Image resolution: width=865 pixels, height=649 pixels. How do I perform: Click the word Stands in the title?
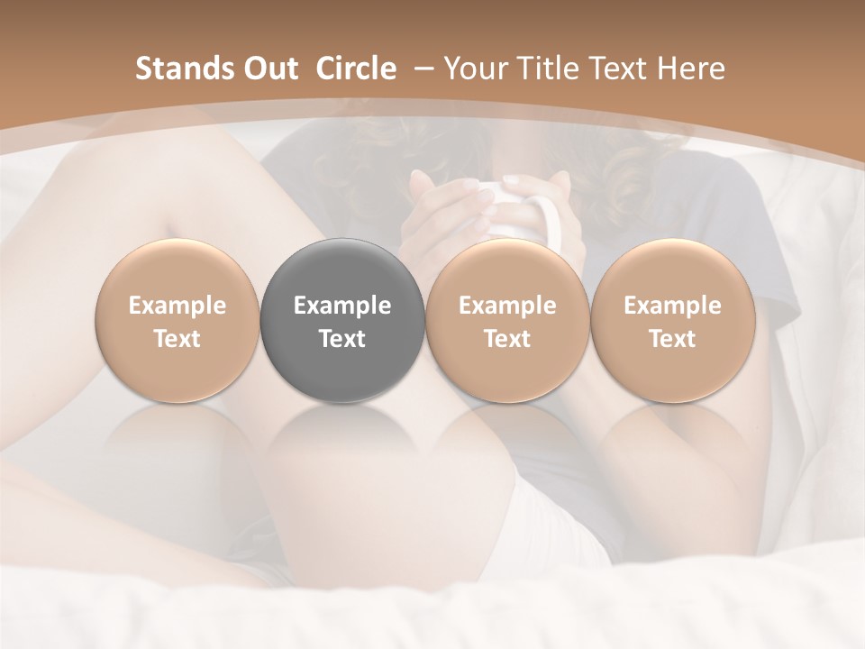pos(179,69)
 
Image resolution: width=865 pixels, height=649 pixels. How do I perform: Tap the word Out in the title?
pos(268,69)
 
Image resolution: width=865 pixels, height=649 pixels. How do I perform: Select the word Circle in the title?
pos(356,69)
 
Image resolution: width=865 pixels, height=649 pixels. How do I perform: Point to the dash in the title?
pos(420,69)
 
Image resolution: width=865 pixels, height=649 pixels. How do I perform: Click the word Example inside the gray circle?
pos(342,306)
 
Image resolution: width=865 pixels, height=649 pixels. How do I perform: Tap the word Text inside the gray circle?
pos(342,339)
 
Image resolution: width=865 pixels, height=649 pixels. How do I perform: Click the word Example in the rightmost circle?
pos(672,306)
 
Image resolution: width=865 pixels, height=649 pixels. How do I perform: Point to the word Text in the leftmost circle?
pos(177,339)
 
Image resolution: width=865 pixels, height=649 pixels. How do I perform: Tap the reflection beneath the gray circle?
pos(342,442)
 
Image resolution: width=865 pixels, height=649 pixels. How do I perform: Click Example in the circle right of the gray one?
pos(507,306)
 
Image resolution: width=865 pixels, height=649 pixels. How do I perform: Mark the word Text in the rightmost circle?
pos(672,339)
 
